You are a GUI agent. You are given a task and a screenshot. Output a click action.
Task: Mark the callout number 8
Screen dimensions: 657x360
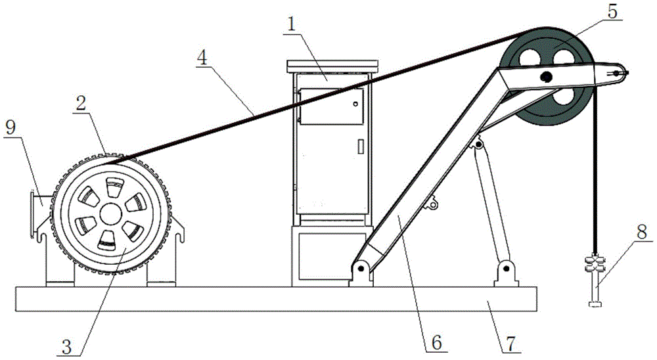(641, 231)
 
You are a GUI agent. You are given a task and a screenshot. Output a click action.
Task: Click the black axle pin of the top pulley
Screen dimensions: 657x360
(546, 78)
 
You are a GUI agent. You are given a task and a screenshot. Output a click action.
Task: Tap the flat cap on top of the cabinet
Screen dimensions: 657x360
(333, 65)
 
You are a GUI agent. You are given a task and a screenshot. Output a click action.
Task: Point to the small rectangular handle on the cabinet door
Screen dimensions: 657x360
(360, 146)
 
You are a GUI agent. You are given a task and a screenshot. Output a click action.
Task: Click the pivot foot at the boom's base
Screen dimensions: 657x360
(359, 271)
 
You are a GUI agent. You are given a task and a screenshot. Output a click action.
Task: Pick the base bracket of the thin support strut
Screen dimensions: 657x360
(505, 272)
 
